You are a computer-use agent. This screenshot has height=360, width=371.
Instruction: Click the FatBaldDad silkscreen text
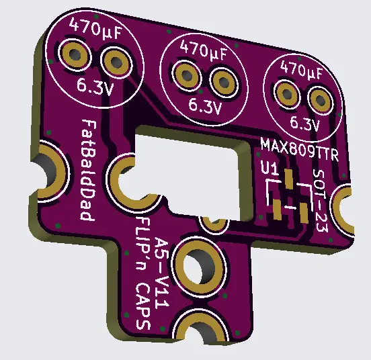click(x=87, y=170)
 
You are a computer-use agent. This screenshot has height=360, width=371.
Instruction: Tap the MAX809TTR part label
click(x=300, y=150)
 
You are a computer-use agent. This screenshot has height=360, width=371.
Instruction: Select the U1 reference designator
click(x=270, y=169)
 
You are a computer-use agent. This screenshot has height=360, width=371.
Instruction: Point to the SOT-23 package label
click(x=321, y=200)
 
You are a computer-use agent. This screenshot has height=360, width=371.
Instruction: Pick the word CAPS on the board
click(x=143, y=306)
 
